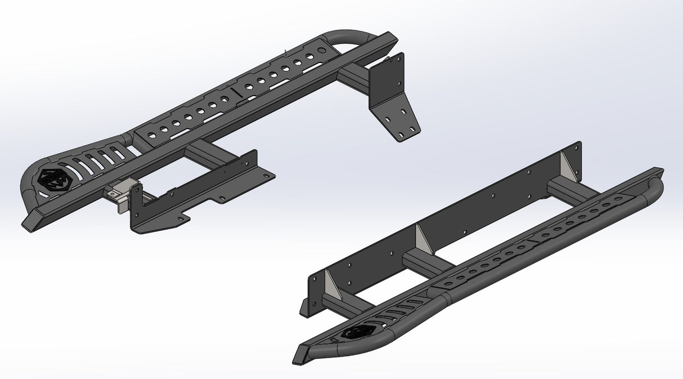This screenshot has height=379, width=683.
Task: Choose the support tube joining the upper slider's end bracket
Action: point(355,78)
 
